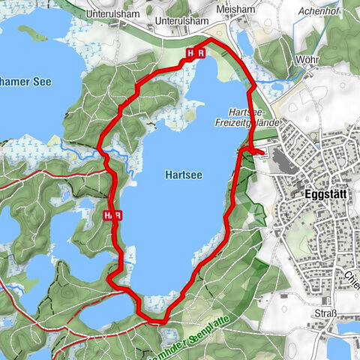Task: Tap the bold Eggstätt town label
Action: [307, 193]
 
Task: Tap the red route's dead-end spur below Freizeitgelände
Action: [261, 153]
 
